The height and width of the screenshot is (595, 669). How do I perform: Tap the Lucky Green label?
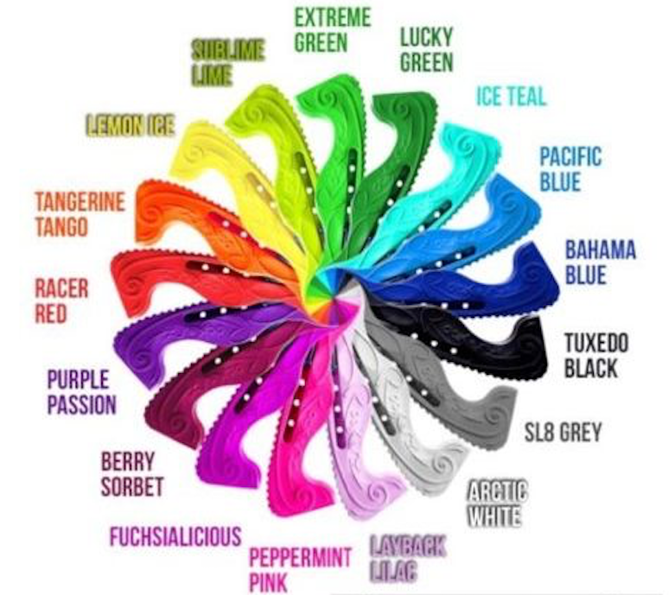click(x=426, y=49)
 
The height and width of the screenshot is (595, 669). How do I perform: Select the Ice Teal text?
click(x=512, y=95)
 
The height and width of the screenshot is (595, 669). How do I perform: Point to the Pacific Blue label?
click(x=570, y=169)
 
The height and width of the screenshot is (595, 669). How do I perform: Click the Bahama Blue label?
click(x=600, y=263)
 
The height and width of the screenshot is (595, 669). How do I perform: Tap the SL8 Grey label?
click(x=564, y=430)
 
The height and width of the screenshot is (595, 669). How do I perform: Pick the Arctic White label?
click(x=495, y=503)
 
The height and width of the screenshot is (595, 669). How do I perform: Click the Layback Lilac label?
click(x=407, y=557)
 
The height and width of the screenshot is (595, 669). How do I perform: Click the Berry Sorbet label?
click(x=132, y=474)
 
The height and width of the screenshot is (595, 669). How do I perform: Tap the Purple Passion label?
click(x=81, y=392)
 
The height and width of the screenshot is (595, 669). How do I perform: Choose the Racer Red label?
click(x=61, y=300)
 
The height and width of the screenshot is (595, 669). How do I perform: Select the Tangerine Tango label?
click(x=80, y=213)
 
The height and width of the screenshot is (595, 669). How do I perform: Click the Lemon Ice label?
click(x=130, y=126)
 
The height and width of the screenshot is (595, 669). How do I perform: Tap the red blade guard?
click(x=173, y=276)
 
